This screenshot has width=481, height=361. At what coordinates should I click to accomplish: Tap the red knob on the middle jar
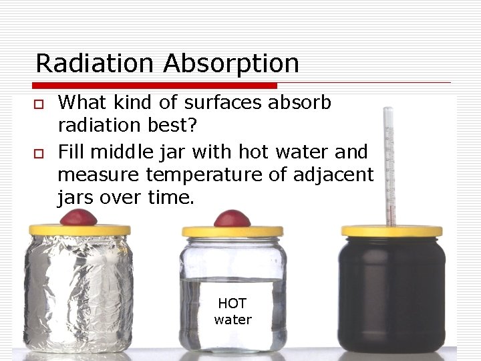[232, 219]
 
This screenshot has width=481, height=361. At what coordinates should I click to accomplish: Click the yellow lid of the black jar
[391, 231]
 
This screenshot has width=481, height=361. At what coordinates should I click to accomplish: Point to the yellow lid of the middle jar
[232, 231]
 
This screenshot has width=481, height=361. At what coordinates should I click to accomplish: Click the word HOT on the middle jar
[232, 304]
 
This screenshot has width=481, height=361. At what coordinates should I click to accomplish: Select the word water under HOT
[232, 320]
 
